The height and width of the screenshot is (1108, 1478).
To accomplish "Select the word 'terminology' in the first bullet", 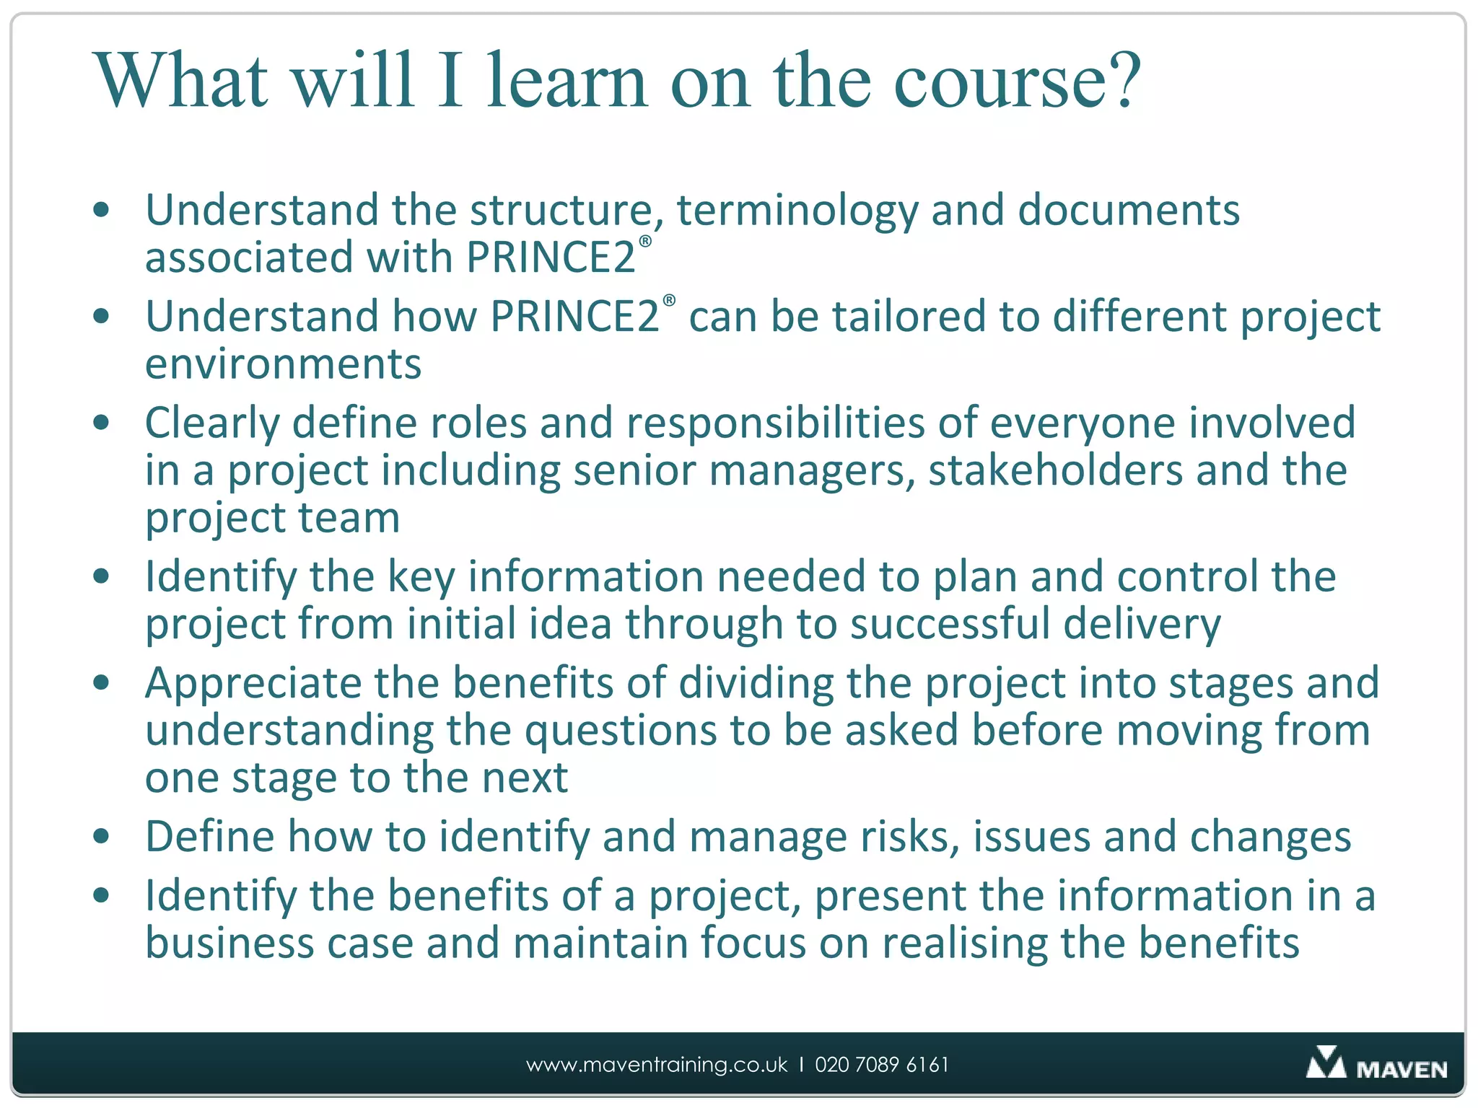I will click(797, 211).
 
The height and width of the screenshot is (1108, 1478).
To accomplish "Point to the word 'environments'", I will click(283, 364).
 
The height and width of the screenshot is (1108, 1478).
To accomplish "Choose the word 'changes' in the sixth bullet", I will click(1270, 837).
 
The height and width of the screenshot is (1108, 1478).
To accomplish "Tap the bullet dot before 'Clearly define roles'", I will click(102, 423).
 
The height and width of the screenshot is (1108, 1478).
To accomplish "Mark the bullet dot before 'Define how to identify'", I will click(102, 837).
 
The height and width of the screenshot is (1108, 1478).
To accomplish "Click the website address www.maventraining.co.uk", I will click(657, 1065).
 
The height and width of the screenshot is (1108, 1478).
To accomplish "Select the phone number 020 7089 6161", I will click(882, 1065).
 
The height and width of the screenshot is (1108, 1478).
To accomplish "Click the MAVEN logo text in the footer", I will click(1402, 1069).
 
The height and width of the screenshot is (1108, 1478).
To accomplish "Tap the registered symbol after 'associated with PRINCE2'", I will click(645, 242).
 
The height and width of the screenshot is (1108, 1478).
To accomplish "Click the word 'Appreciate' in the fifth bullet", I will click(253, 683).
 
